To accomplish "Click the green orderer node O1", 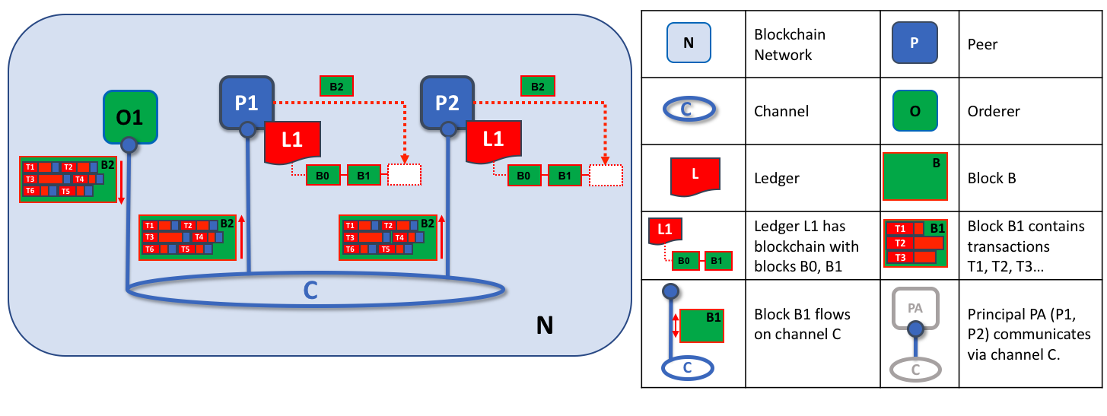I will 130,117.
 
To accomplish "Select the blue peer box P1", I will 246,102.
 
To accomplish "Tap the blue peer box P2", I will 447,102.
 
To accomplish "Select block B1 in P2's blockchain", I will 565,175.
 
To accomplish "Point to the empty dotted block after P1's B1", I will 403,175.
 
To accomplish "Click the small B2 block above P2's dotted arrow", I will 537,87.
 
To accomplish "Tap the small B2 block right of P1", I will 336,87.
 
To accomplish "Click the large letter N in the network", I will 544,326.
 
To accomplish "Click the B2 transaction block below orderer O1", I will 67,179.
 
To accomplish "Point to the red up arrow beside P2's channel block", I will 441,237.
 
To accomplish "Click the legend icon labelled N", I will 689,43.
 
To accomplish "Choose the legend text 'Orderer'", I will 991,111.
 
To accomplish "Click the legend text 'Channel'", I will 781,111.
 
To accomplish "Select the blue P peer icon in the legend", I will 914,43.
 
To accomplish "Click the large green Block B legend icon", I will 915,176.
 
